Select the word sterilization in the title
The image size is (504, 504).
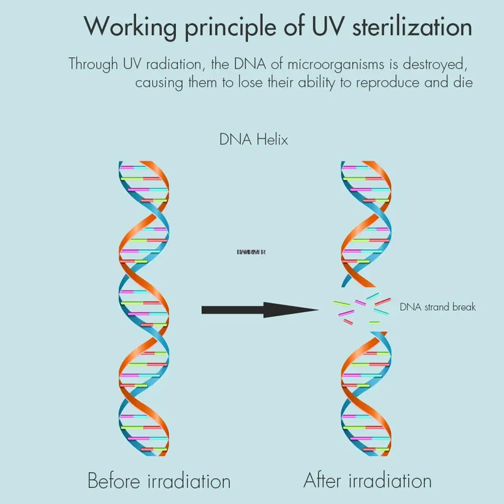click(x=412, y=26)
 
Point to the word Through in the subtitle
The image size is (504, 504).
click(x=94, y=64)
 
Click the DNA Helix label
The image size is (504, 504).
click(x=253, y=139)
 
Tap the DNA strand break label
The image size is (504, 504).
click(x=437, y=307)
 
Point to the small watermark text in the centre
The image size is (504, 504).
click(x=251, y=252)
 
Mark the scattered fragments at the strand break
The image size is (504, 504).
click(x=362, y=308)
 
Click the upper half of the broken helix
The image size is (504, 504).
click(x=366, y=224)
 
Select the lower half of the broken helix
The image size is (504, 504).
click(x=366, y=393)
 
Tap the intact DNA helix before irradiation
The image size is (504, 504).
click(x=143, y=308)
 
